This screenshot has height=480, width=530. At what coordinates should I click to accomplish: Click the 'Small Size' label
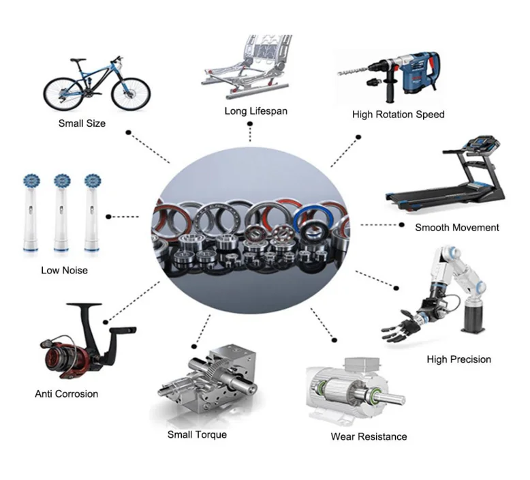82,123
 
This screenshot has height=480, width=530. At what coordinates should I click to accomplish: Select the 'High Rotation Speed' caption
398,115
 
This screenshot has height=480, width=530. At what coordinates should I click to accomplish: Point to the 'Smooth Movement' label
456,227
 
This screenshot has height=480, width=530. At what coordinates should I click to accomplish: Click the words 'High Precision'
458,359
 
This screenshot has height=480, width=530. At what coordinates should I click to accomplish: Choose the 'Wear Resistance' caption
369,436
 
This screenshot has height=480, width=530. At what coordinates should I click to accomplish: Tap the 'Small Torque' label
197,434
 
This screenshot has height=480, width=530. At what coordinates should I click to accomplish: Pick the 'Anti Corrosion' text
67,393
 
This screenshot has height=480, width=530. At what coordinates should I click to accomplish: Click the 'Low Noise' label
64,270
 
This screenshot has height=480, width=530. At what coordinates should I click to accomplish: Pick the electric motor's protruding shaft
390,396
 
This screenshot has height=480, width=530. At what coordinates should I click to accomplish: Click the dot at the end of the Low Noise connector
110,216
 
